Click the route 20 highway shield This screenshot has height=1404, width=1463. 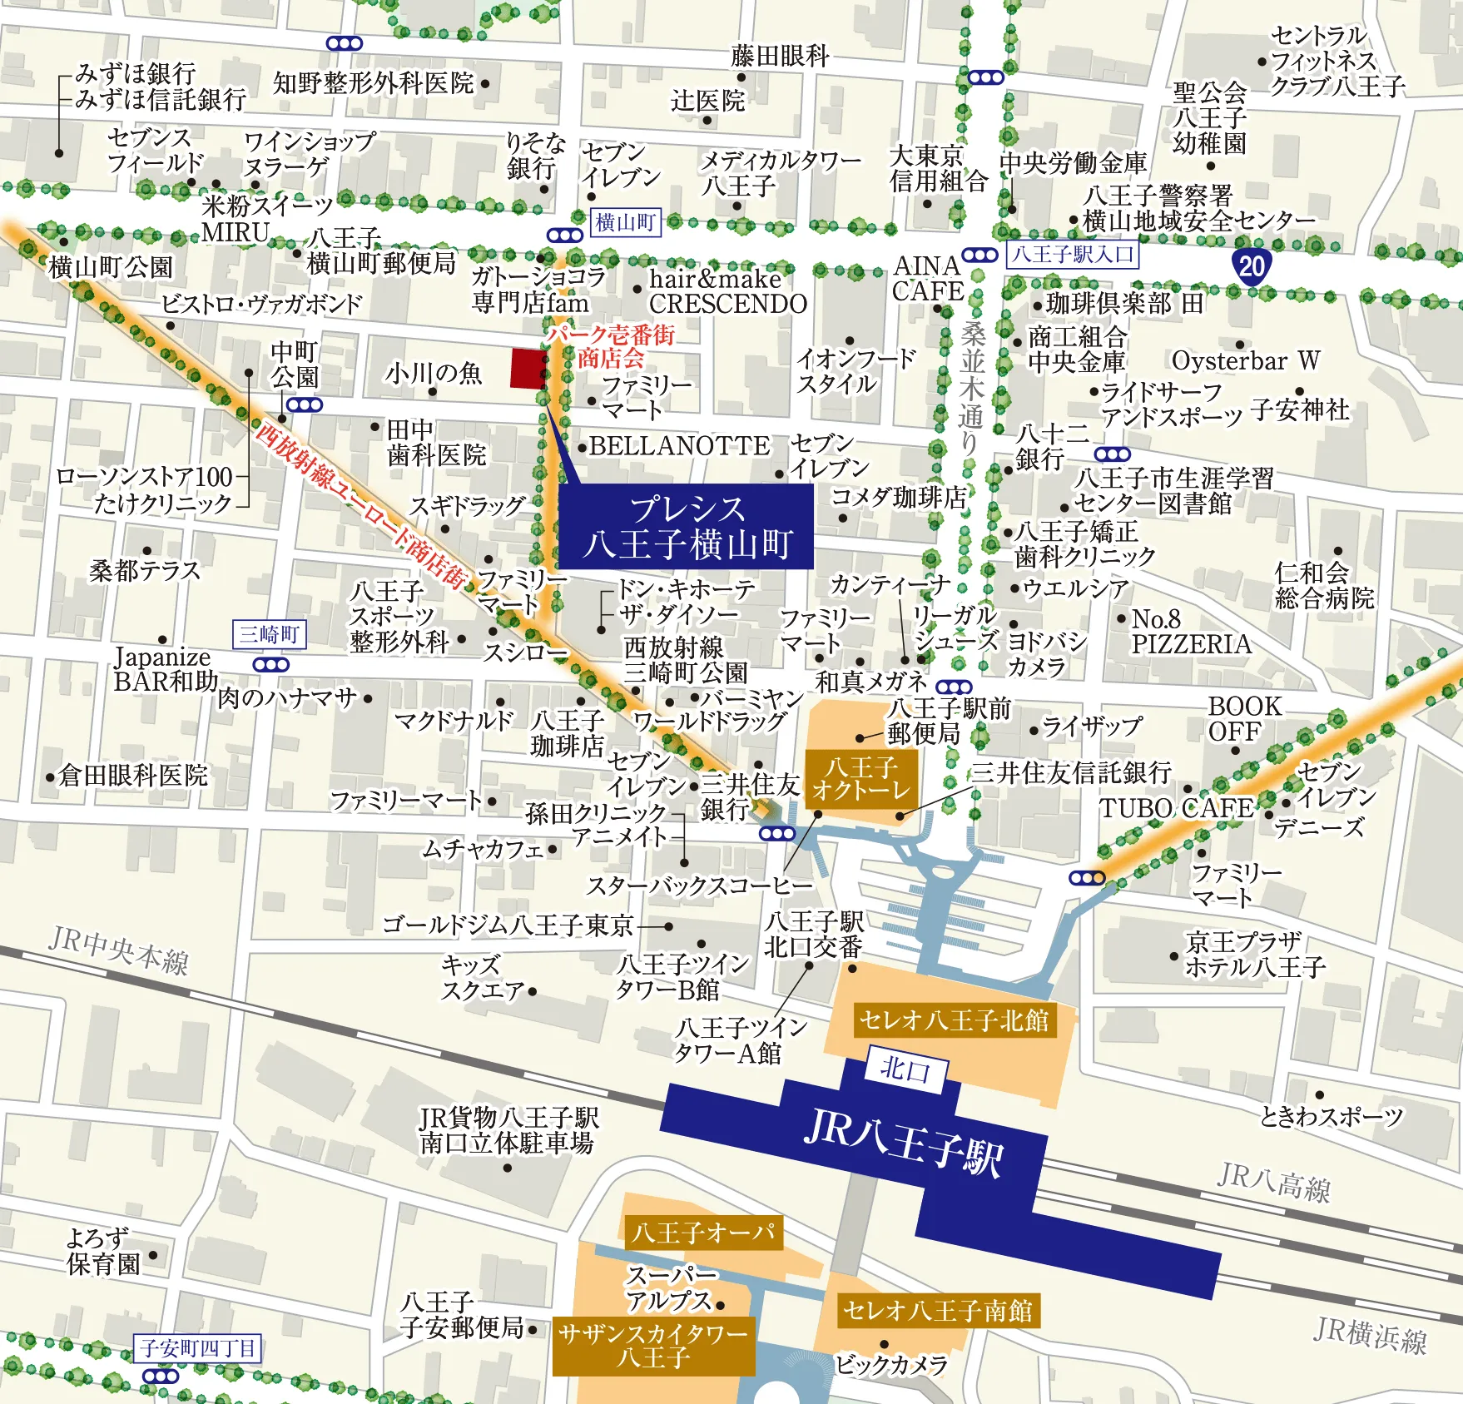coord(1251,266)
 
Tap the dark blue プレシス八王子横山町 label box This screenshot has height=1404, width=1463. coord(685,526)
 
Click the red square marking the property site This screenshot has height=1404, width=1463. coord(526,368)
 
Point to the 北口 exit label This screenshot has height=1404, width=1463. coord(905,1069)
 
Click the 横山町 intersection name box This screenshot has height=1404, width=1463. coord(626,223)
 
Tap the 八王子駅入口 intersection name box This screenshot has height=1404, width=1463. coord(1072,254)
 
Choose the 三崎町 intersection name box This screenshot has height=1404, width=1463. coord(269,634)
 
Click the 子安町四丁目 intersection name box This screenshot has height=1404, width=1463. coord(197,1347)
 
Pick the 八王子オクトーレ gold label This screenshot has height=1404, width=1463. coord(861,778)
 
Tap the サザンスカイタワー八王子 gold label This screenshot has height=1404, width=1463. coord(653,1346)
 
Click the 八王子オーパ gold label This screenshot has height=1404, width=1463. coord(703,1232)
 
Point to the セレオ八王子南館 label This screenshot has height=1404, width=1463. coord(937,1311)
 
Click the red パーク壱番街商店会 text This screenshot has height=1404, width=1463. coord(611,346)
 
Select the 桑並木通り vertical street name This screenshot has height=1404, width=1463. coord(971,387)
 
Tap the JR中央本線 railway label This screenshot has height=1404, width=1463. coord(118,950)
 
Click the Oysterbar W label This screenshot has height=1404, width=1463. coord(1245,360)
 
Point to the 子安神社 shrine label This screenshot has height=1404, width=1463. coord(1299,409)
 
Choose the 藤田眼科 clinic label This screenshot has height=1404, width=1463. coord(780,56)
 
